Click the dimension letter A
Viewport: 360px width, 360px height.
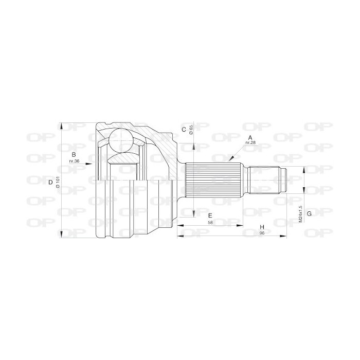[250, 138]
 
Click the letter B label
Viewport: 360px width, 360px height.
[74, 154]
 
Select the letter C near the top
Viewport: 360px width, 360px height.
[184, 130]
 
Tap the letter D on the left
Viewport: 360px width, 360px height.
[50, 183]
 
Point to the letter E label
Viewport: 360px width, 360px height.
[210, 215]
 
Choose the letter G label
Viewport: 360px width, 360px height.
[309, 213]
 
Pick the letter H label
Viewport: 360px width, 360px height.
[262, 227]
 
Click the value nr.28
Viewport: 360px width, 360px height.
[250, 142]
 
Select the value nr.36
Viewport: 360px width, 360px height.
[74, 161]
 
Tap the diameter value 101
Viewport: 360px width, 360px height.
[58, 182]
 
